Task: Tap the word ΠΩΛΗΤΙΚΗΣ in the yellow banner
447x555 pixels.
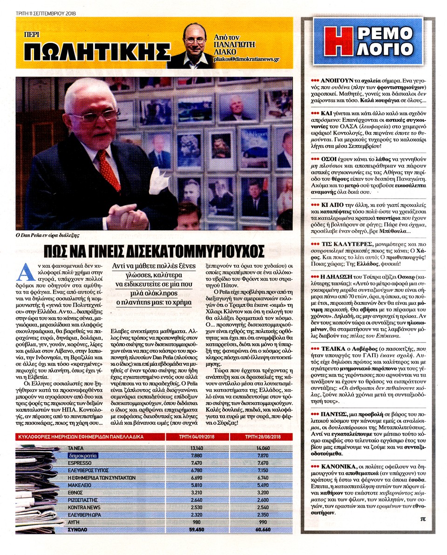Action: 96,51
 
